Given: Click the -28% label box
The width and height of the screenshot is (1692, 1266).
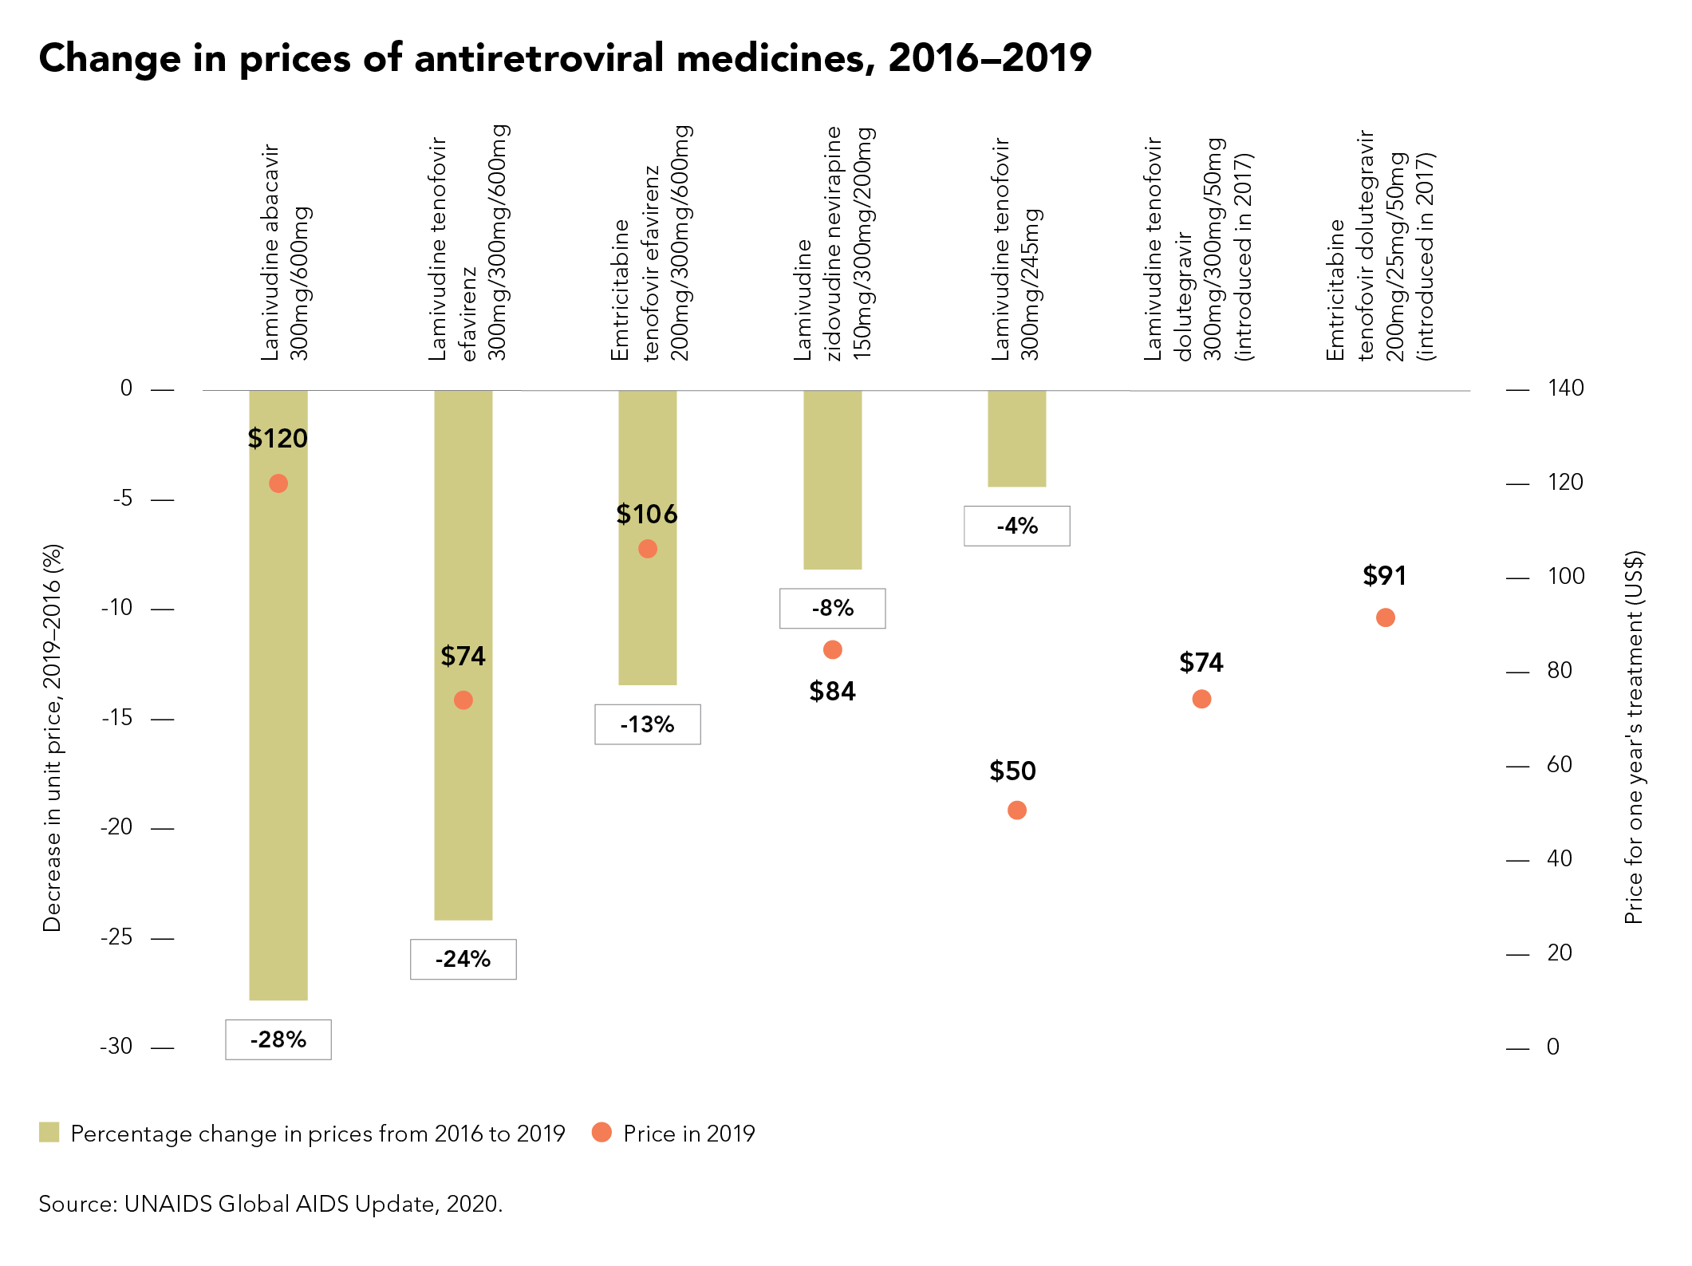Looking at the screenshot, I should [278, 1039].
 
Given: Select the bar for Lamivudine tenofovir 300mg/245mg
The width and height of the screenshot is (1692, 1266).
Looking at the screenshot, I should [1016, 438].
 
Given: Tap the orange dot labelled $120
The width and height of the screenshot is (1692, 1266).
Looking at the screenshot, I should [278, 483].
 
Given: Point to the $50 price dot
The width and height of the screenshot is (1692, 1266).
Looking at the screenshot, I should [1016, 810].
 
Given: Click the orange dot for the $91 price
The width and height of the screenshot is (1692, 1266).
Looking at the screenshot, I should [1385, 617].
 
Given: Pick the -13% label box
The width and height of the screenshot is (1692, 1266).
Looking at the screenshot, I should [647, 724].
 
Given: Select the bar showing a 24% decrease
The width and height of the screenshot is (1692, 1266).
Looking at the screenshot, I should [463, 654].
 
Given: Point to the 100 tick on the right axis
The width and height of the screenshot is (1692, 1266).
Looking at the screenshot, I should [1565, 577].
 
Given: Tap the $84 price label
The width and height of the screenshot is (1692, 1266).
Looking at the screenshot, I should [832, 691].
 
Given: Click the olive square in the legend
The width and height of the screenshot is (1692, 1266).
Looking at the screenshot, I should [49, 1132].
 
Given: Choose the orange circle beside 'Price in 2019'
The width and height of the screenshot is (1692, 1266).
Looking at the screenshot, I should [601, 1132].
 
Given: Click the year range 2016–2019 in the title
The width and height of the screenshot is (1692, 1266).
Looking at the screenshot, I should [989, 58].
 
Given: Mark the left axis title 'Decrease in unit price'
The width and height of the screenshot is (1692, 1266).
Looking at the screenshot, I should [53, 738].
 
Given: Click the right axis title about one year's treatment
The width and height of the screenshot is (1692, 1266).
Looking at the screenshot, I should [1634, 738].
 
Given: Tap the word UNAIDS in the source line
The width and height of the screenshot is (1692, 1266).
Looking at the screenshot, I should [168, 1204].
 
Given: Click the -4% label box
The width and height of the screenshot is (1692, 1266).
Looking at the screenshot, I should [1016, 526].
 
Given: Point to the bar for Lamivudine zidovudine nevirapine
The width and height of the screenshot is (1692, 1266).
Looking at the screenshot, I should [832, 479].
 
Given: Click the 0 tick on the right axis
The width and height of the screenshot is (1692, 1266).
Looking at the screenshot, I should [1552, 1047].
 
